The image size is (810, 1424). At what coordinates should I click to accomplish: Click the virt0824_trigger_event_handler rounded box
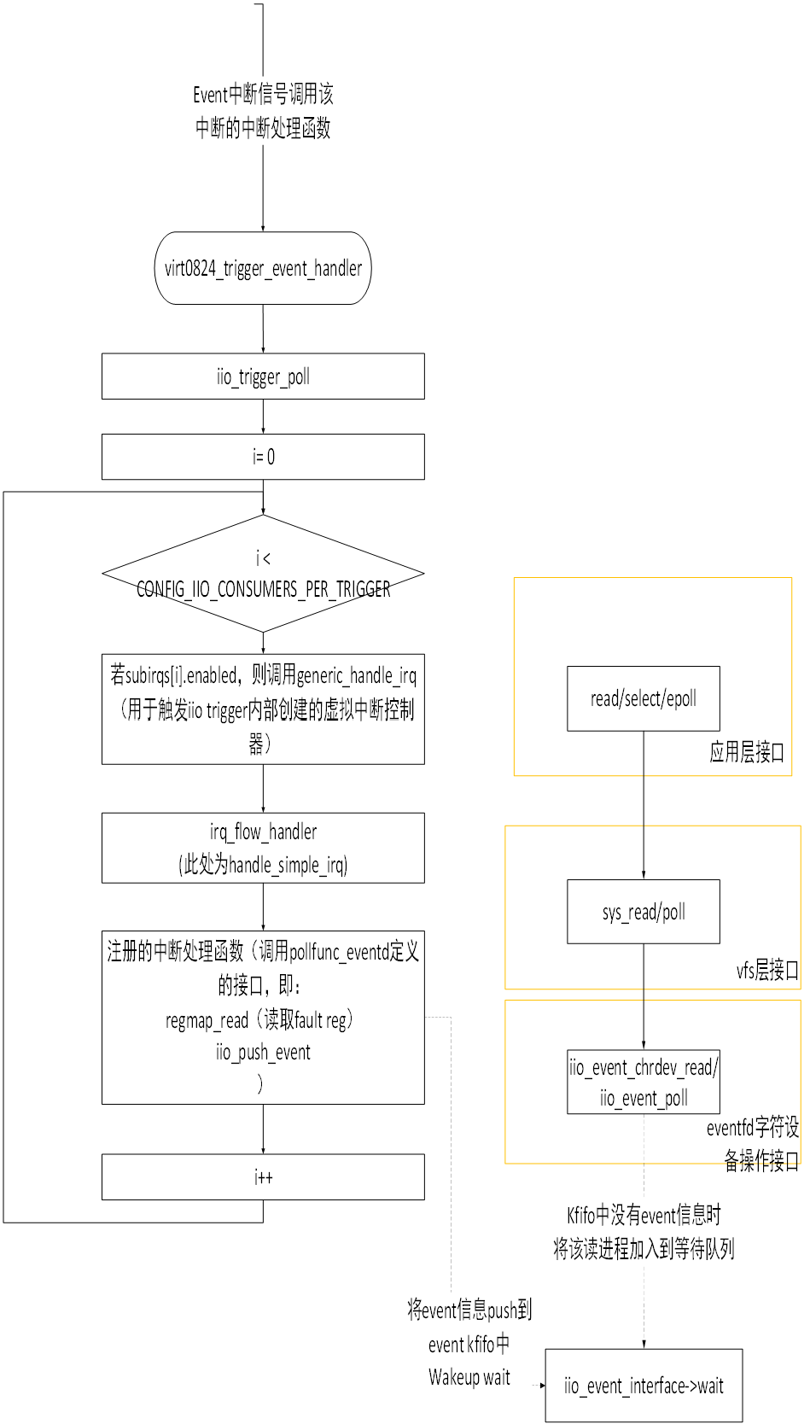(x=263, y=268)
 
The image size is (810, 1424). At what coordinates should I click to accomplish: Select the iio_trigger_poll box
(x=263, y=376)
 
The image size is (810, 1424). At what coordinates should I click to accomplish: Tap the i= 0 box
(x=263, y=457)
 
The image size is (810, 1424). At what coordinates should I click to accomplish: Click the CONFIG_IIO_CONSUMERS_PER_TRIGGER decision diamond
(x=263, y=574)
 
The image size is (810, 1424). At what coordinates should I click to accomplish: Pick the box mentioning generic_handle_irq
(x=263, y=709)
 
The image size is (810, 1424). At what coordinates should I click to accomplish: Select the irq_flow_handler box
(x=263, y=848)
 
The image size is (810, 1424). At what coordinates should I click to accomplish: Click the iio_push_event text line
(x=263, y=1053)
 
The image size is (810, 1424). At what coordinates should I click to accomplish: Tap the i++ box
(x=263, y=1177)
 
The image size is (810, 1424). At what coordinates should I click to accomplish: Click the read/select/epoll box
(x=643, y=698)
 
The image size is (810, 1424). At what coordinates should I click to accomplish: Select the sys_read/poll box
(x=643, y=912)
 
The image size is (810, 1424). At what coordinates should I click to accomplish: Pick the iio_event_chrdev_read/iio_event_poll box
(x=643, y=1083)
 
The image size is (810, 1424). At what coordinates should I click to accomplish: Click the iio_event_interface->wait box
(x=643, y=1386)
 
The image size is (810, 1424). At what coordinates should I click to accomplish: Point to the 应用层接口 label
(x=747, y=752)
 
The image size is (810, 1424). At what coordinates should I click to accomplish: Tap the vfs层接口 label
(x=767, y=970)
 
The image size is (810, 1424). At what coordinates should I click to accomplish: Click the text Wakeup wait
(x=469, y=1377)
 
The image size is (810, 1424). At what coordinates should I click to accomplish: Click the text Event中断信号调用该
(x=263, y=94)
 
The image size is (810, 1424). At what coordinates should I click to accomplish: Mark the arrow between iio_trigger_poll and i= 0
(x=263, y=417)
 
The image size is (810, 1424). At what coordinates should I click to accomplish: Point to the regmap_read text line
(x=259, y=1019)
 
